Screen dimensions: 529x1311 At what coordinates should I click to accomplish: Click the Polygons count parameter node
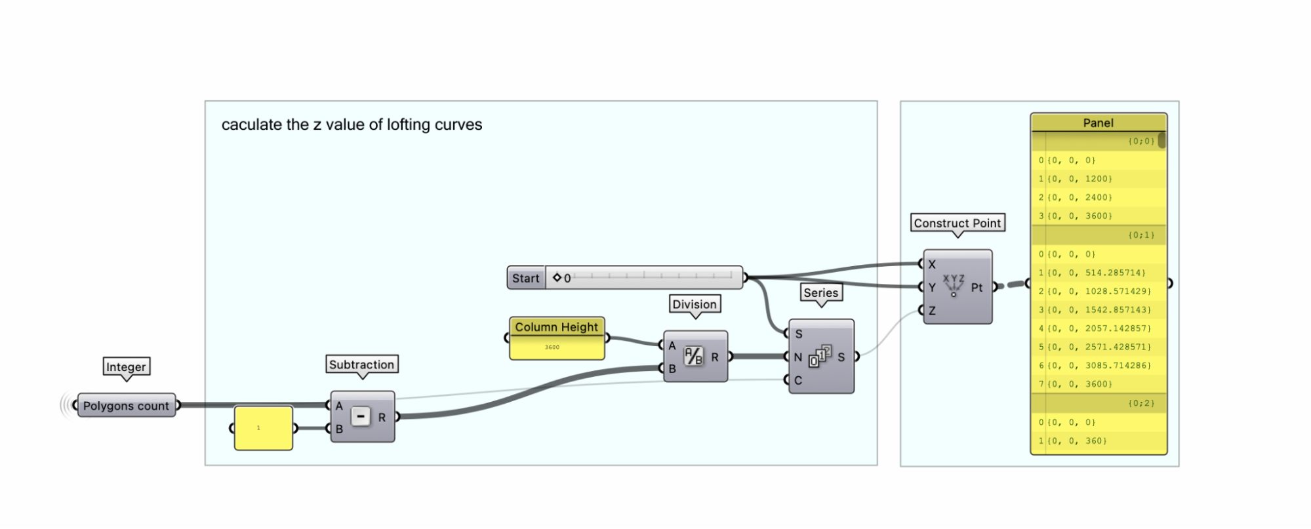[126, 406]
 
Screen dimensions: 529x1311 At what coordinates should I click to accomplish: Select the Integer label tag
[126, 367]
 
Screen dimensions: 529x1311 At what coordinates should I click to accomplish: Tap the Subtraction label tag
[361, 364]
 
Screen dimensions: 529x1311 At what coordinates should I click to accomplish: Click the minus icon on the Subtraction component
[361, 416]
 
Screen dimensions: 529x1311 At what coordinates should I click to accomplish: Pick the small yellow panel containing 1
[263, 428]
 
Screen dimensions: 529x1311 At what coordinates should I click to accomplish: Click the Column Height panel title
[556, 326]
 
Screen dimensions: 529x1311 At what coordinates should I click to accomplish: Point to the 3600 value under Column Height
[552, 347]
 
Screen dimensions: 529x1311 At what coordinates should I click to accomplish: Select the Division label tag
[695, 304]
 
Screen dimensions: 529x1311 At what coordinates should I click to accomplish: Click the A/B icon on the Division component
[693, 357]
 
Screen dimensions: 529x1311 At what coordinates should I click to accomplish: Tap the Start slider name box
[526, 278]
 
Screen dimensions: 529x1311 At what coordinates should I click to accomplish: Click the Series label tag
[820, 293]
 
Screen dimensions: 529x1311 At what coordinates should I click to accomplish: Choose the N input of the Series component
[797, 357]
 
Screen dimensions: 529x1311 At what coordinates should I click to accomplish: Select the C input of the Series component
[797, 380]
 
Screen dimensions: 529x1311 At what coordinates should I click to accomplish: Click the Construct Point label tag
[957, 223]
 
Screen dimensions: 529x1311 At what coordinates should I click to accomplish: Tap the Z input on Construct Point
[932, 311]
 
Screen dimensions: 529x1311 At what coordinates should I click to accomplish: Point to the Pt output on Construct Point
[977, 287]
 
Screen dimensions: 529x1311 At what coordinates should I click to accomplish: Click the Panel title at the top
[1098, 123]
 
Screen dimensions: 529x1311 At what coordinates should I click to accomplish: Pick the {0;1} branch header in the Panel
[1141, 235]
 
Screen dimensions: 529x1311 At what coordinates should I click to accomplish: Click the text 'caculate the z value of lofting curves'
[352, 125]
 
